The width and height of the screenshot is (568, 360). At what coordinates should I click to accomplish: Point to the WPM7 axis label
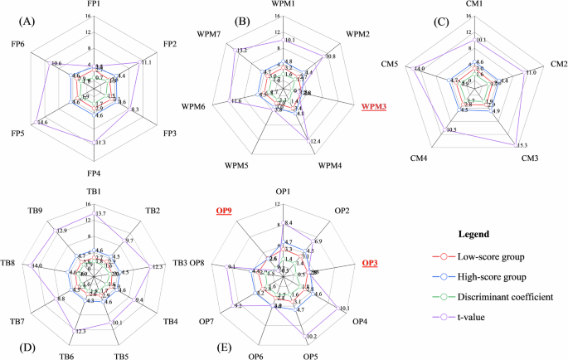pyautogui.click(x=213, y=33)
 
